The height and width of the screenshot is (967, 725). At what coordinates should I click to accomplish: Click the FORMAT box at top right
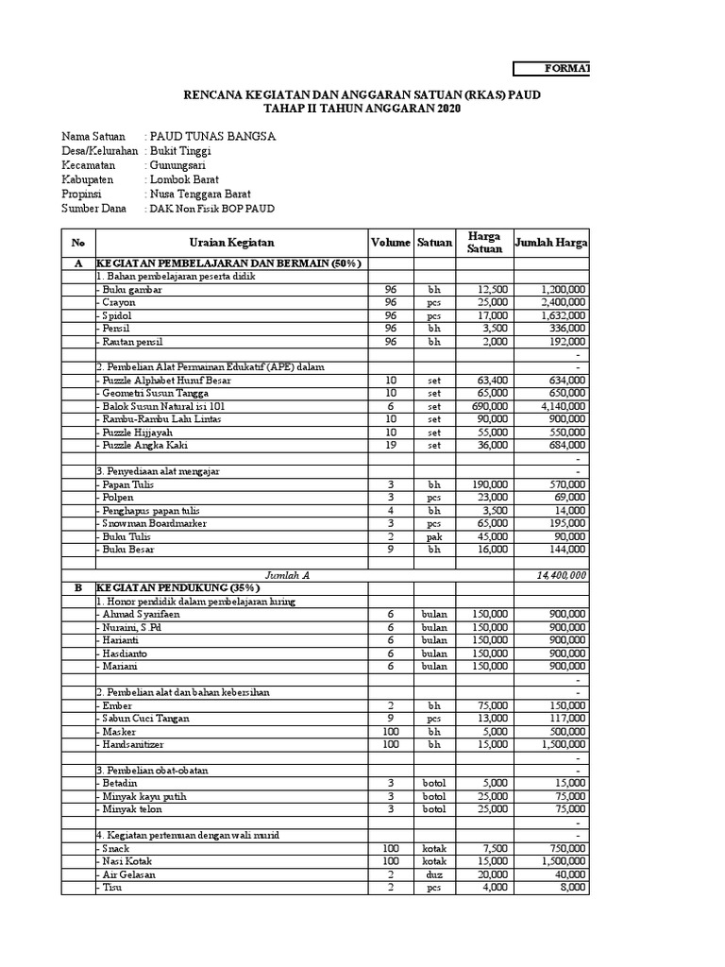552,68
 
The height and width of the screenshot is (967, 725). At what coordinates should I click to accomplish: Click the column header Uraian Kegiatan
230,243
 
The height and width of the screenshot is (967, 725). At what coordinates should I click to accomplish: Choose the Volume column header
390,243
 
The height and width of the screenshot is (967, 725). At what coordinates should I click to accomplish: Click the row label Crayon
119,302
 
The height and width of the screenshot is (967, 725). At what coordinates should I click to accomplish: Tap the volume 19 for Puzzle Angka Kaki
390,445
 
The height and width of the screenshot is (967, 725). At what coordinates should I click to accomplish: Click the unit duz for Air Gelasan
434,874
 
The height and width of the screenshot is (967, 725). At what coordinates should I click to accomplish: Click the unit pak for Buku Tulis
434,535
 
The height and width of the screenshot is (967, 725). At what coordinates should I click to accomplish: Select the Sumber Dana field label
94,208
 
